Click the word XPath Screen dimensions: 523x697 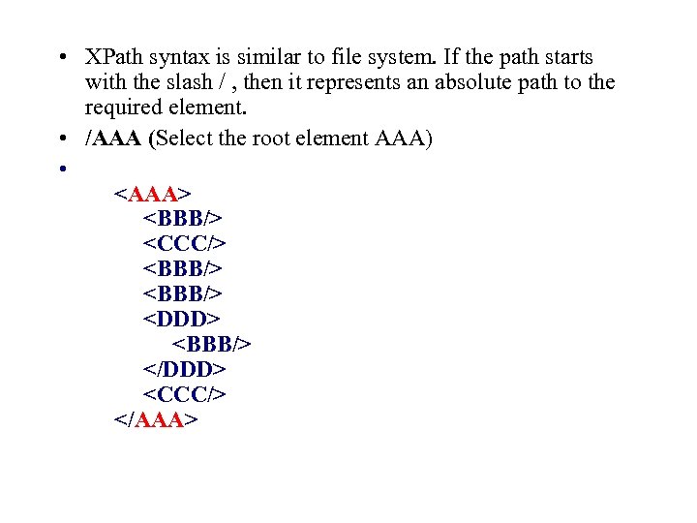pos(115,57)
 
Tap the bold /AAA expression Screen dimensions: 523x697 pos(113,138)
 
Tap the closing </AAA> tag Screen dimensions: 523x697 pos(156,419)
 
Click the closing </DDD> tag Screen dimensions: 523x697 pos(185,369)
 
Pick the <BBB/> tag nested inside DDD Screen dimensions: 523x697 pos(212,344)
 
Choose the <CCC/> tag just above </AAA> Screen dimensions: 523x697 pos(185,394)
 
